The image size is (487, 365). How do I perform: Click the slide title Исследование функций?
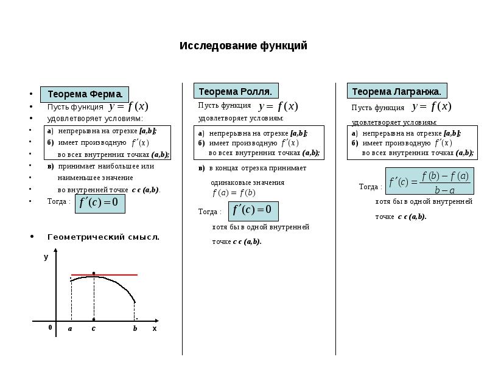tap(243, 46)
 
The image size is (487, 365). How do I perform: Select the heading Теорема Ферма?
tap(85, 94)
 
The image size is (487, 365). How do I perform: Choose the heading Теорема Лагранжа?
tap(396, 91)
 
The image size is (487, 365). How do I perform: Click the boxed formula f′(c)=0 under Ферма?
tap(100, 202)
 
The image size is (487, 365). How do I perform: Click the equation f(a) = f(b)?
tap(233, 193)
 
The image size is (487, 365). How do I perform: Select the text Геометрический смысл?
tap(103, 237)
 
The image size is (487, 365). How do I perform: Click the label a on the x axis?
tap(70, 328)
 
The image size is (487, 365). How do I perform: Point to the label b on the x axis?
tap(135, 328)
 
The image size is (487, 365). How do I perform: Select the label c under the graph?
tap(93, 328)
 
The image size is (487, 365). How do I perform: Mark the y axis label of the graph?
tap(46, 257)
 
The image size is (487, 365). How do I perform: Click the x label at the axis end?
tap(155, 328)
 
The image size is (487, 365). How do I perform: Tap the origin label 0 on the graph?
tap(50, 327)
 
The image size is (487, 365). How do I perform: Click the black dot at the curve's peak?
tap(93, 273)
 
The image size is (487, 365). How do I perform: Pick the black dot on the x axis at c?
tap(93, 319)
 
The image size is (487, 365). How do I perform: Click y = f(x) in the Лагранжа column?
tap(431, 106)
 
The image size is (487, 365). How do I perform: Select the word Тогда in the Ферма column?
tap(58, 201)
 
